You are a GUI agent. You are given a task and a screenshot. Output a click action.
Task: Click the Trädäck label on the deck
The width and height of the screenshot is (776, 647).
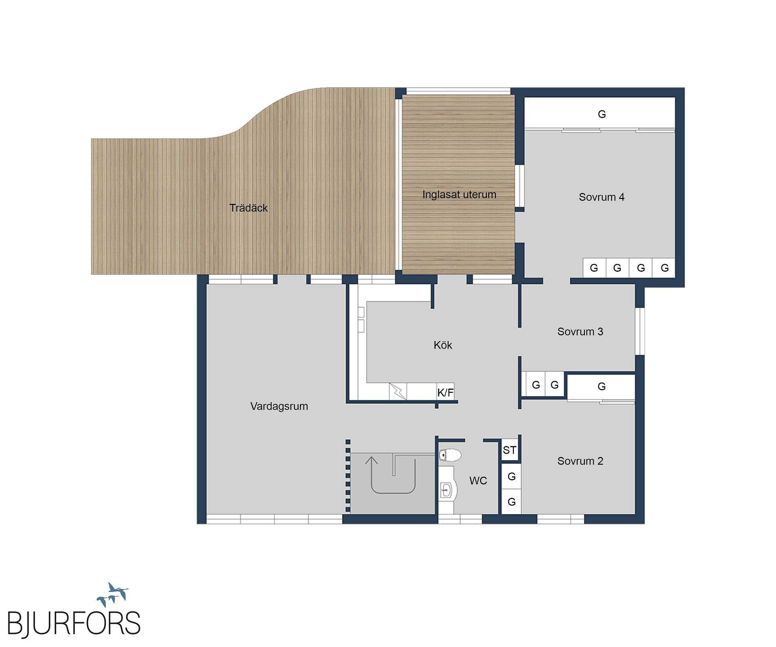pos(248,208)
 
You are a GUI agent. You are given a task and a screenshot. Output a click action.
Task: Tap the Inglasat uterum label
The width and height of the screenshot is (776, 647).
pos(459,195)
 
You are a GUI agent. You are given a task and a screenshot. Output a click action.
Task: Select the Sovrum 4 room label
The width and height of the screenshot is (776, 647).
pos(601,197)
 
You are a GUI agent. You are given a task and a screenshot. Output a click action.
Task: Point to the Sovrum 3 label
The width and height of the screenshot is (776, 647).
pos(580,332)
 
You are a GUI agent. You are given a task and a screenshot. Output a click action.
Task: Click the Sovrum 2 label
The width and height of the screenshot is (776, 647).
pos(580,461)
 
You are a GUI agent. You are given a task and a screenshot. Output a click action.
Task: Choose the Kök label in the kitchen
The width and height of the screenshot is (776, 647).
pos(443,345)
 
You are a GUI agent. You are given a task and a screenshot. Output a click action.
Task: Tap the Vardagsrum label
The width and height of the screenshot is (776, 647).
pos(279,406)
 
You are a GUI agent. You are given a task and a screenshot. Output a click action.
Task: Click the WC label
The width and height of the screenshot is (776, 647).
pos(478,481)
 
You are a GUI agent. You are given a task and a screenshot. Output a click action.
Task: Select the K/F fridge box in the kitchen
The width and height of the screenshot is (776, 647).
pos(445,392)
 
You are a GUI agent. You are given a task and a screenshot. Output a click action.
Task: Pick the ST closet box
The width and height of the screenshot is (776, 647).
pos(510,450)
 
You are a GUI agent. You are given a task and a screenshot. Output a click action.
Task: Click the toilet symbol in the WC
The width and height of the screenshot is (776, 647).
pos(450,455)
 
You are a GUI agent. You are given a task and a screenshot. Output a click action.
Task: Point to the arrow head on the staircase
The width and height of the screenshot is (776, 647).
pos(372,460)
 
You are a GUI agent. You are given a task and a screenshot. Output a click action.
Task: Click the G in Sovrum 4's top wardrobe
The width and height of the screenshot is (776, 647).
pos(601,114)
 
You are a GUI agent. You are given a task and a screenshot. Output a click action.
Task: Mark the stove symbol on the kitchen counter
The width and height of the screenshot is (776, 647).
pos(398,391)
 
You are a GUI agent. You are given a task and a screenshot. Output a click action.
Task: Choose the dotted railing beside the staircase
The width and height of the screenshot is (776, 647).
pos(348,477)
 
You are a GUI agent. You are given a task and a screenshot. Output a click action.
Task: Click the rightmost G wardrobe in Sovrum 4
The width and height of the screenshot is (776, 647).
pos(664,268)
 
